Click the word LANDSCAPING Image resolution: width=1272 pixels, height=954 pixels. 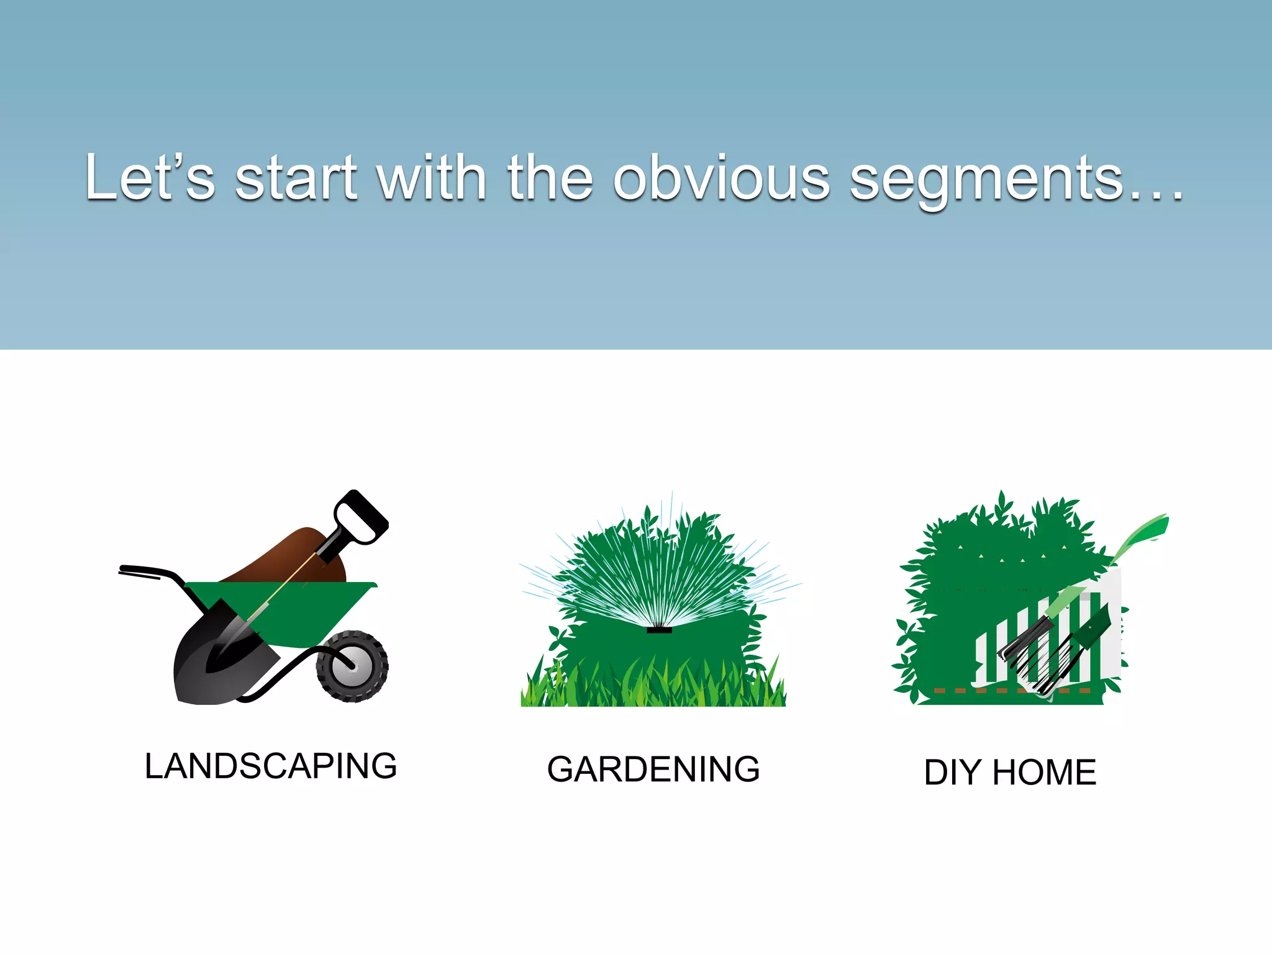[x=271, y=766]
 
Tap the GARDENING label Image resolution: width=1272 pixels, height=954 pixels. [x=653, y=770]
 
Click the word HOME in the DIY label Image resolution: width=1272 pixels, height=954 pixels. [x=1044, y=773]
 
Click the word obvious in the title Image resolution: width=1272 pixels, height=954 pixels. [x=721, y=179]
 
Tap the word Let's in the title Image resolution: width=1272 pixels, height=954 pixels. [x=149, y=179]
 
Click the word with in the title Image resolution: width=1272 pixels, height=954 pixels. [x=431, y=179]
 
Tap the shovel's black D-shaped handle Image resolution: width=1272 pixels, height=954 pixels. [x=360, y=516]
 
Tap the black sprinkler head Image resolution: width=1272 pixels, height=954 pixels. [x=659, y=630]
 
